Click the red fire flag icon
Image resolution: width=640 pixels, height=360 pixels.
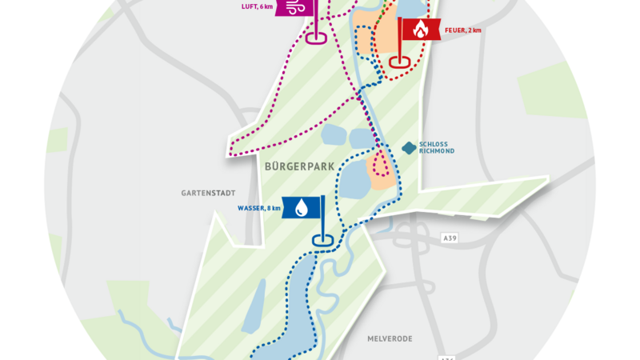point(421,30)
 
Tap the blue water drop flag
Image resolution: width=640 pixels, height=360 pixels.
point(302,208)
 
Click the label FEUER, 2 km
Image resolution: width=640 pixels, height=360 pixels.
point(465,30)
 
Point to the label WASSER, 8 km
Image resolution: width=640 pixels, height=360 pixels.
point(259,208)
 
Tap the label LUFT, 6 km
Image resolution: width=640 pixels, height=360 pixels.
point(256,6)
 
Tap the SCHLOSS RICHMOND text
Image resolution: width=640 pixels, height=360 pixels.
point(436,150)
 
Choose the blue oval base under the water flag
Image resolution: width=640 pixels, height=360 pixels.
point(322,239)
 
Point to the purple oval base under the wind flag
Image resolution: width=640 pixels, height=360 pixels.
point(316,37)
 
